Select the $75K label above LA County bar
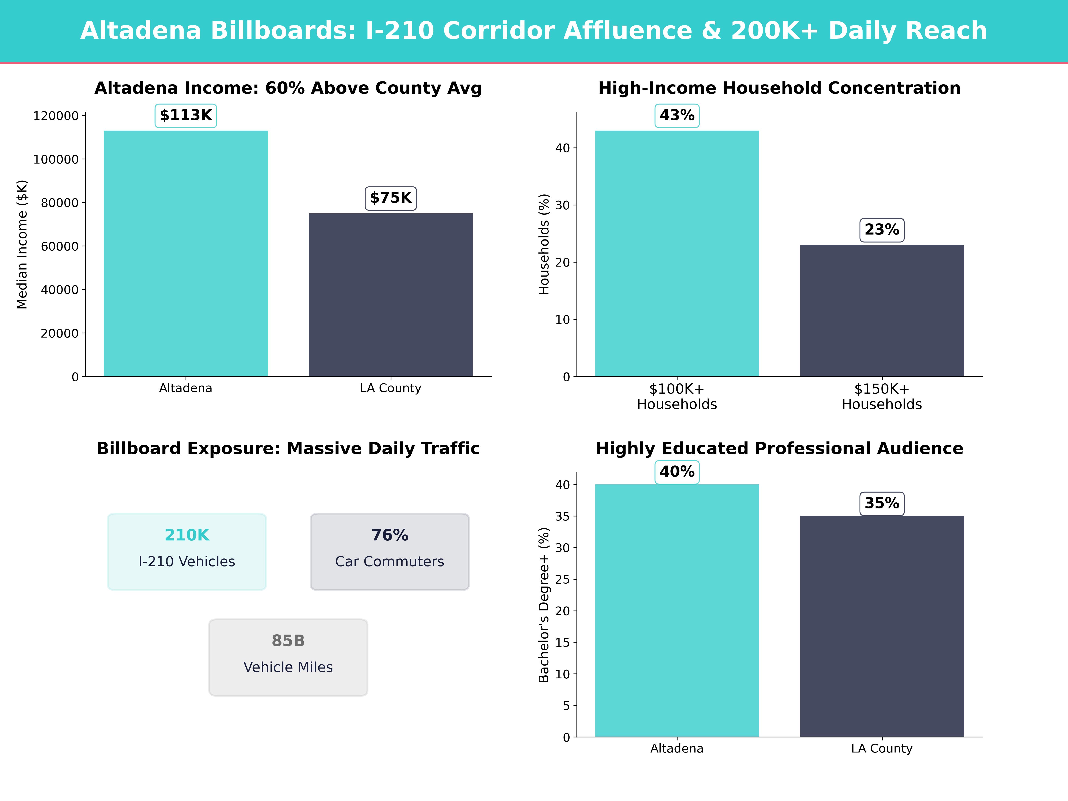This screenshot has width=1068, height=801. point(391,198)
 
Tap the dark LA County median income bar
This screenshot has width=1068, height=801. point(391,295)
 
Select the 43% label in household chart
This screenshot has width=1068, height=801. point(677,115)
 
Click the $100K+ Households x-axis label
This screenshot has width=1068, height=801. point(677,396)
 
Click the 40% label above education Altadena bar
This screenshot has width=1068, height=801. point(677,472)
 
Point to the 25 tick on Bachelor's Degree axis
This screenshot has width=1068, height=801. point(562,579)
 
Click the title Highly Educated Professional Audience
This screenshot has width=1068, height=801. point(779,449)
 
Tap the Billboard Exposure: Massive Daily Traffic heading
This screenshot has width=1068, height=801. point(288,449)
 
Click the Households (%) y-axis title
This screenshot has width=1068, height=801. point(544,244)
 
